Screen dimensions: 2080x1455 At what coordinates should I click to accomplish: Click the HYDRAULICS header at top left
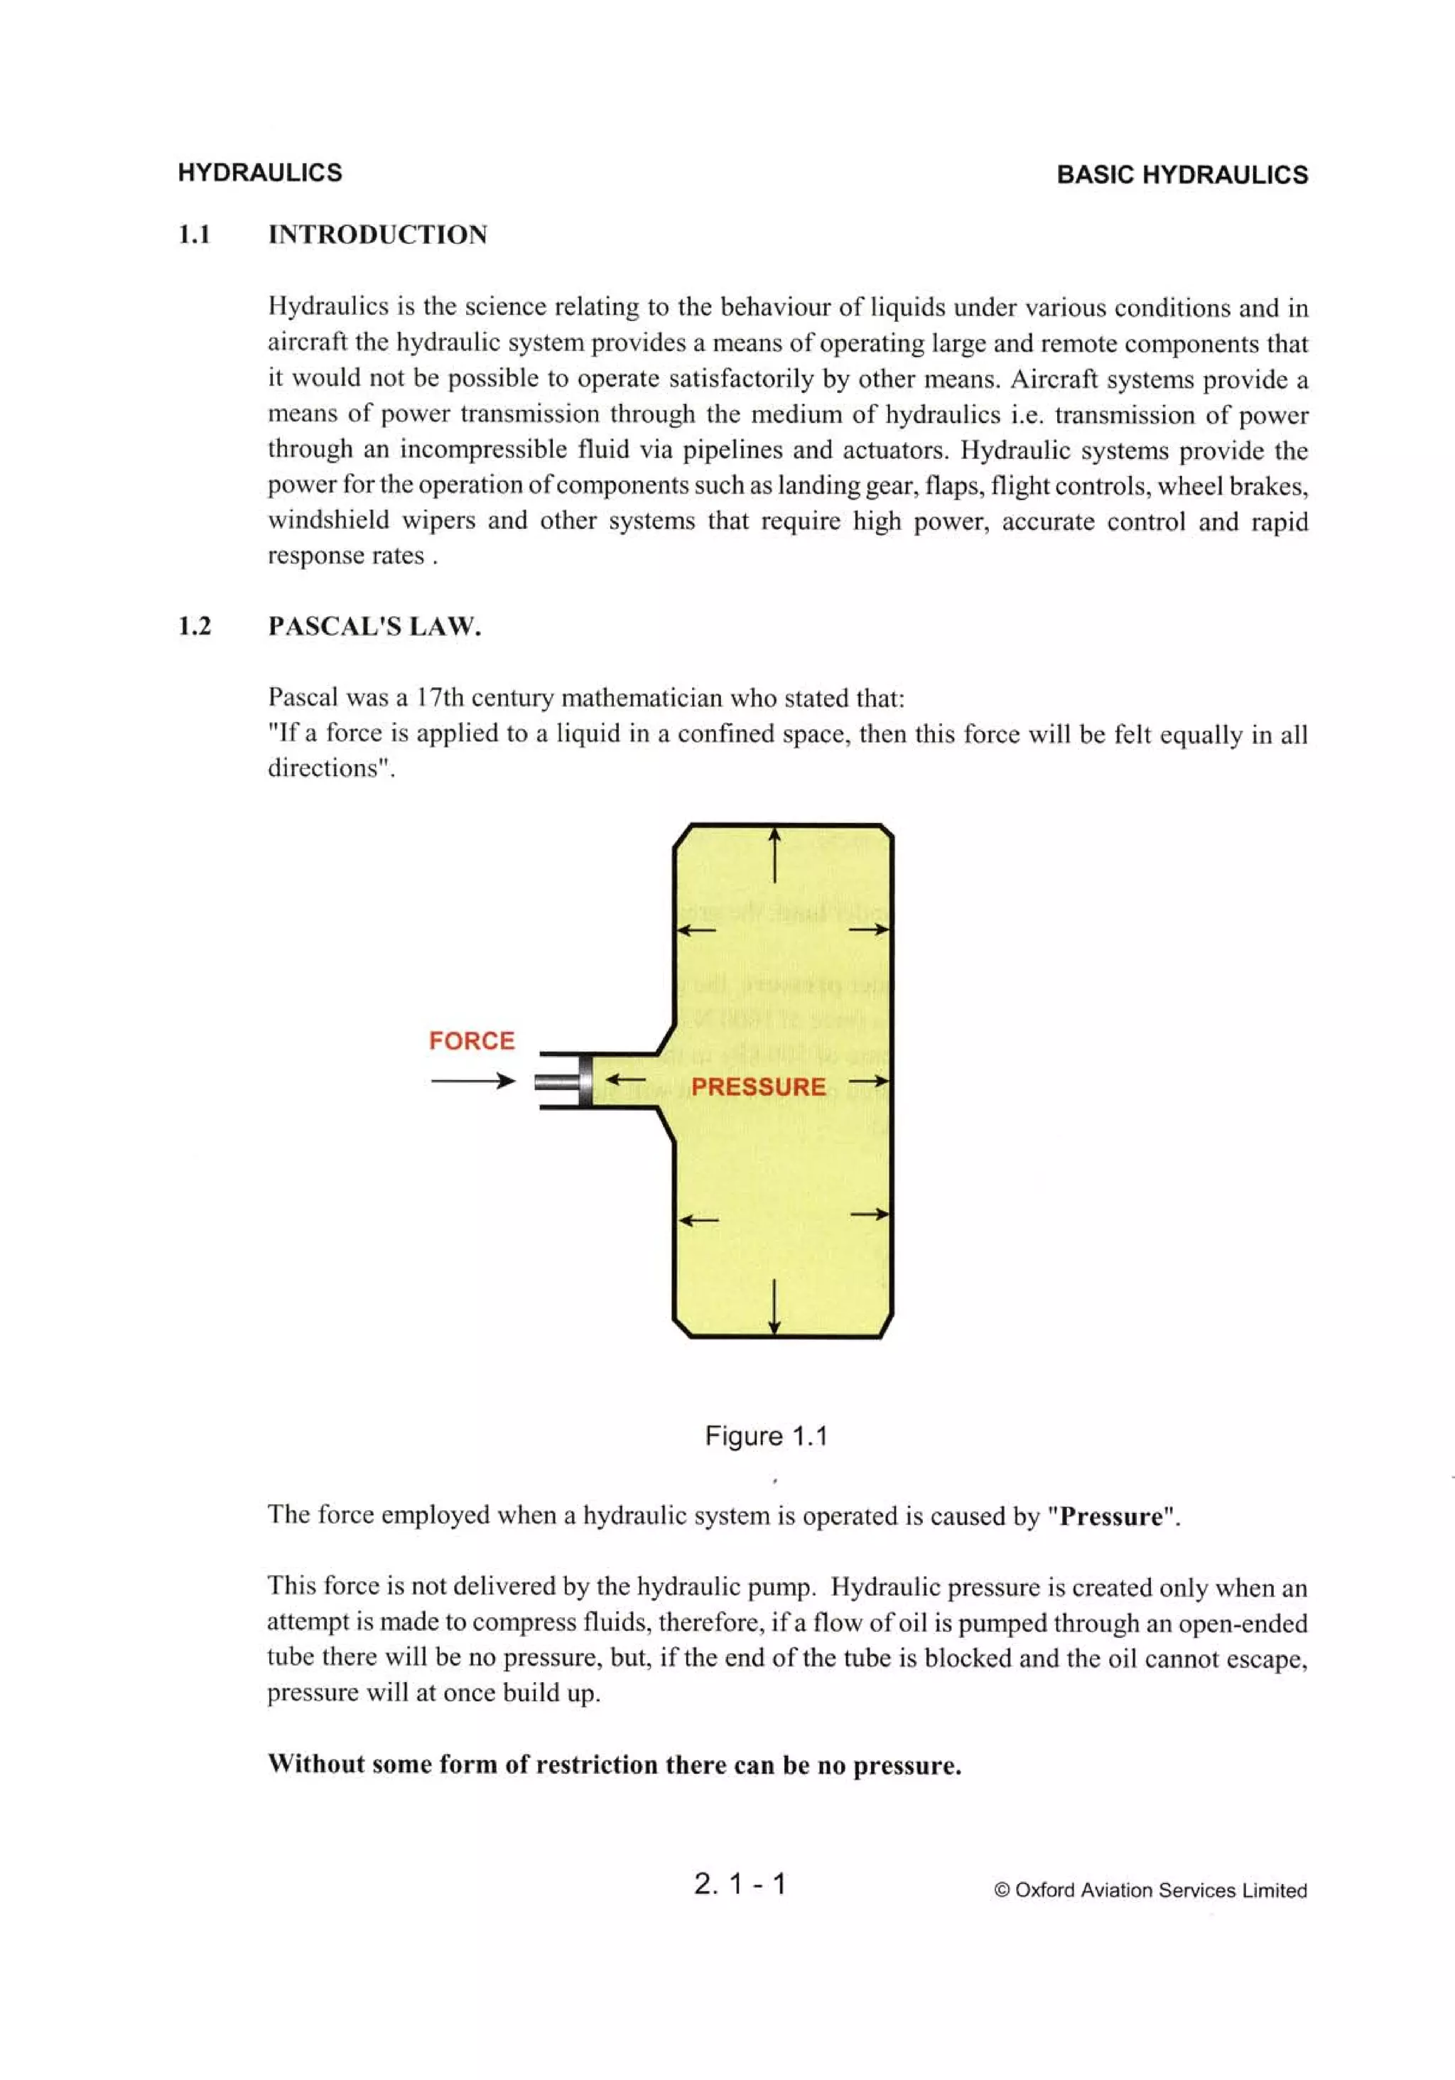259,172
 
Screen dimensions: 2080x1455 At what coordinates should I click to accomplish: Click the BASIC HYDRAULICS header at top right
1181,175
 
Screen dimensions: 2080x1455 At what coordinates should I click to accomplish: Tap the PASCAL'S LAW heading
374,626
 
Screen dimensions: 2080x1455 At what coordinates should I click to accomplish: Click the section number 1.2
194,626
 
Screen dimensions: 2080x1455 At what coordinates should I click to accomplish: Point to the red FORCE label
471,1040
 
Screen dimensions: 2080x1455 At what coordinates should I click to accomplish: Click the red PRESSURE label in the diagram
757,1087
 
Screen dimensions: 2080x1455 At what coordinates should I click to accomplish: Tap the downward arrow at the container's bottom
774,1305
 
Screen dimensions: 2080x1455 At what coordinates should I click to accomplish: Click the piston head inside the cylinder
585,1080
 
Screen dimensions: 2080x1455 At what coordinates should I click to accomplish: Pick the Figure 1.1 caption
766,1436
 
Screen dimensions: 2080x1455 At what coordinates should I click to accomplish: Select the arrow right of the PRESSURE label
869,1081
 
